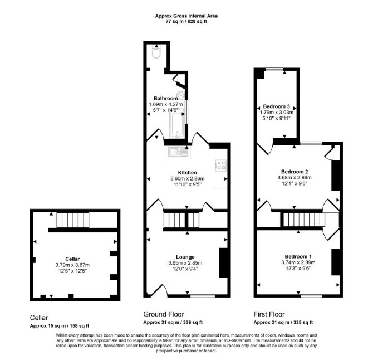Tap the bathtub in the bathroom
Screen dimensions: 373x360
click(177, 123)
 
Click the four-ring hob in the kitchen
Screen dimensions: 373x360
click(220, 165)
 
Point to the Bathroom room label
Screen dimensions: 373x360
click(165, 98)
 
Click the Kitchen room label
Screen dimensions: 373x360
click(188, 173)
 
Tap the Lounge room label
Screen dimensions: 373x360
click(185, 257)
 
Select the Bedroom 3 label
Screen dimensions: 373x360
click(276, 106)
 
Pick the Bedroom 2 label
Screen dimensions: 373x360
click(295, 172)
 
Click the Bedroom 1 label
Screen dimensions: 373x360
click(298, 257)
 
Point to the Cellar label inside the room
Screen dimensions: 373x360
click(72, 259)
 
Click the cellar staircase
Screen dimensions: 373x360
click(72, 220)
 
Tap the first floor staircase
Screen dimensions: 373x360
click(304, 220)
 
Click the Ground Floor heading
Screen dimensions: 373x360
click(164, 314)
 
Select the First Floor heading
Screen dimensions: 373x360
click(269, 314)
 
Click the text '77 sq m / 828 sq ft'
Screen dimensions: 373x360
click(186, 21)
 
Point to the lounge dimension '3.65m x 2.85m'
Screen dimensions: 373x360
click(185, 263)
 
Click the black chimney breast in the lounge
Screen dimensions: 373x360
click(223, 263)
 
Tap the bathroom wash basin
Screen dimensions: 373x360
click(181, 95)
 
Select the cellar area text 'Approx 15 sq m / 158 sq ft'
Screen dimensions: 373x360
click(60, 326)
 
